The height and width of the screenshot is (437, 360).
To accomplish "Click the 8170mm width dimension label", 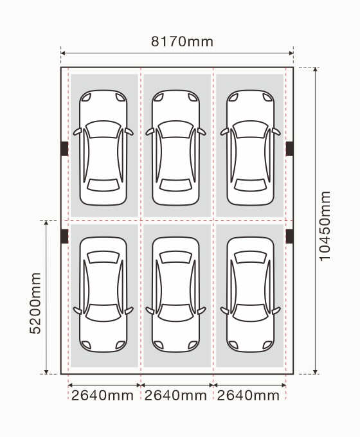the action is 182,42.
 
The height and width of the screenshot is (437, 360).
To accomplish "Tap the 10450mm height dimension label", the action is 325,226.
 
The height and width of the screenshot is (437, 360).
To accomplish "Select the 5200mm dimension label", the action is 35,303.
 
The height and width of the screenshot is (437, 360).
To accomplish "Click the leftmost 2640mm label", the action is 102,395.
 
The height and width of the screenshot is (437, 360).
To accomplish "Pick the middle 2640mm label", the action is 175,395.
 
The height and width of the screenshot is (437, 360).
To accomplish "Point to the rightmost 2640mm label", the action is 248,395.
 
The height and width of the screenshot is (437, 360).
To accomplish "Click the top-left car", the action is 103,148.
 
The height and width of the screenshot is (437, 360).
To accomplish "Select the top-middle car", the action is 175,148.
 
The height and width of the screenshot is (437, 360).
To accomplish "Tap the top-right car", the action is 251,148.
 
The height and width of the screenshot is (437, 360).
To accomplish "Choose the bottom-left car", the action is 103,294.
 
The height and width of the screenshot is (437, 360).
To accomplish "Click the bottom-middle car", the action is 175,294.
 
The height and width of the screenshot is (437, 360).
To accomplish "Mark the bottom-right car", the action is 251,294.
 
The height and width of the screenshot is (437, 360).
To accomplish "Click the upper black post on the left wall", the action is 65,148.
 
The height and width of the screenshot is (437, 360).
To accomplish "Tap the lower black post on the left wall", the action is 65,236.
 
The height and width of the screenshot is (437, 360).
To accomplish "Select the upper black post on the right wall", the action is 289,148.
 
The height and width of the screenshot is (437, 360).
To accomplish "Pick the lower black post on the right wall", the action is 289,236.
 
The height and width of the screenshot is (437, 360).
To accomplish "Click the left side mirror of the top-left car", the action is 77,132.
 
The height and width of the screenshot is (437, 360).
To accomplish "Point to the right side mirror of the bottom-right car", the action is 276,310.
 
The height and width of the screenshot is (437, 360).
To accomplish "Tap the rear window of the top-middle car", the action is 175,185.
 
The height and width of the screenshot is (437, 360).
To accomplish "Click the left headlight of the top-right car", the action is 233,97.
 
